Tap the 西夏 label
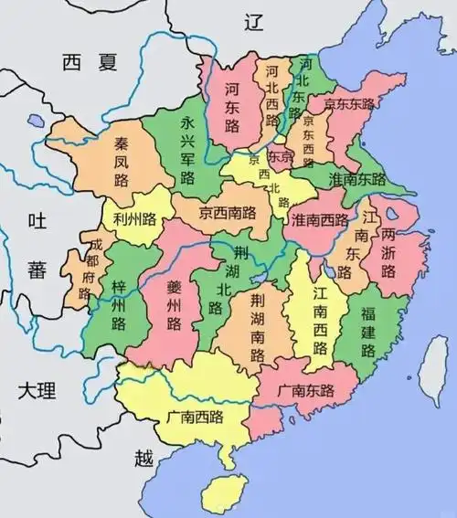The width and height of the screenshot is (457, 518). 91,63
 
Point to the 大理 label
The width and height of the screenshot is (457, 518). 37,391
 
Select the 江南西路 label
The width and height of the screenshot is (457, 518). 321,321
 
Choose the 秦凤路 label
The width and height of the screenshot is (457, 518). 122,162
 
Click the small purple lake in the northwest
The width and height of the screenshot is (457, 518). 36,120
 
